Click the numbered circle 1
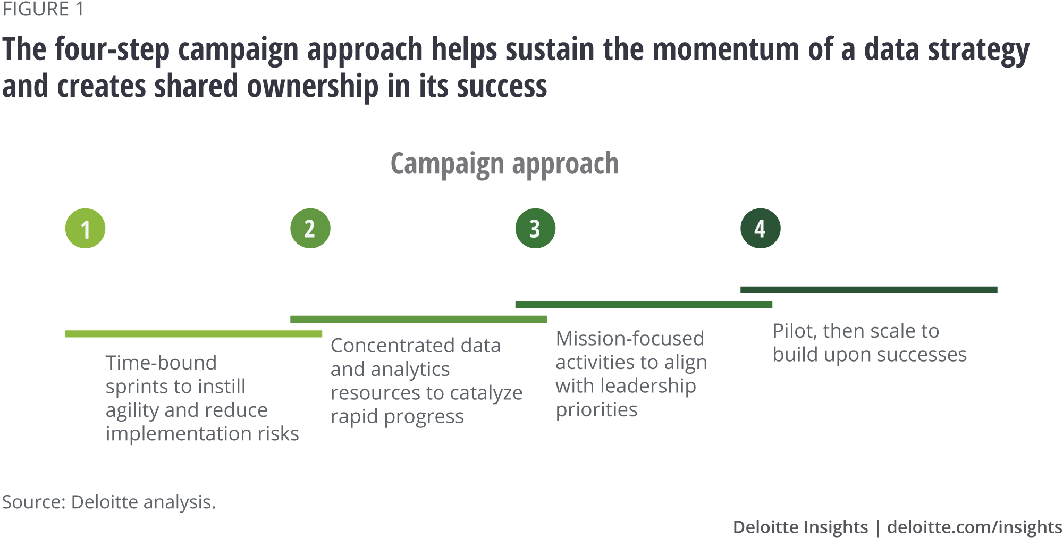click(x=85, y=229)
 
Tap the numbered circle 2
click(x=310, y=229)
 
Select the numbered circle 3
click(x=535, y=229)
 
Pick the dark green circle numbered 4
click(x=761, y=229)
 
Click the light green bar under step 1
click(x=193, y=334)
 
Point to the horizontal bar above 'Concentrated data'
click(x=419, y=319)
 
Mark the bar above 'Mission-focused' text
click(x=644, y=305)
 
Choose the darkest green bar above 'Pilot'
click(x=868, y=290)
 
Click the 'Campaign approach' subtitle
click(x=504, y=163)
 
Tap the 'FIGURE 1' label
click(x=43, y=10)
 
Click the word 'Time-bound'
click(x=161, y=363)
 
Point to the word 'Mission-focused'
click(x=630, y=339)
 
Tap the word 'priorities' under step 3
click(x=596, y=409)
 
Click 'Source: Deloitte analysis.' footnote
click(x=109, y=502)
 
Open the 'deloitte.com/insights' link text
click(x=974, y=527)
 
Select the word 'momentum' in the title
click(x=725, y=49)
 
